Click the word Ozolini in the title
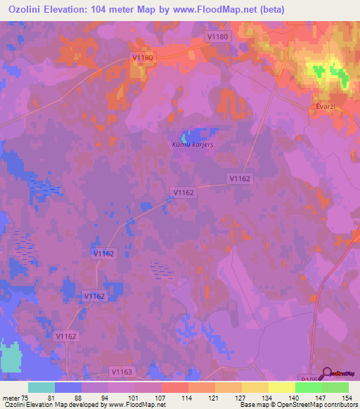pos(27,9)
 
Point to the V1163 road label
pos(122,370)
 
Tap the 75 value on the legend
pos(24,397)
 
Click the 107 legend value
pos(162,397)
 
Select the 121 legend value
pos(215,397)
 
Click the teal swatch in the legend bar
pos(41,387)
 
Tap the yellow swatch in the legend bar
pos(281,387)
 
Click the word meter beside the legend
pos(9,397)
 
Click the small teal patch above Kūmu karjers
pos(186,136)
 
